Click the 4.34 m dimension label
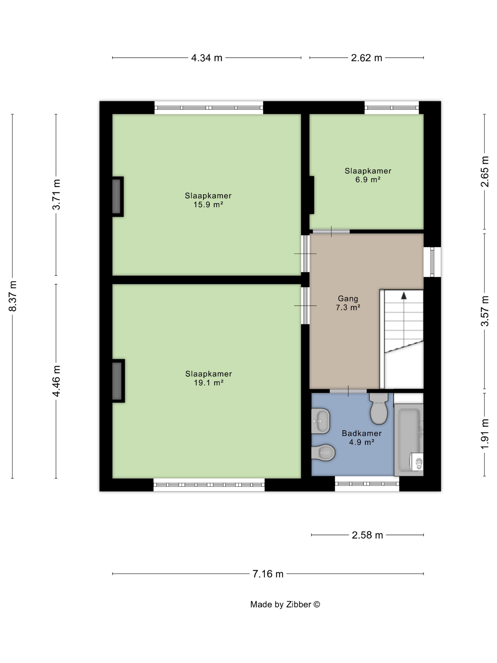(x=207, y=58)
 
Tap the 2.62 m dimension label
(x=366, y=58)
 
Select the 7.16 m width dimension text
(x=268, y=574)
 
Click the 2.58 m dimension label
(x=367, y=535)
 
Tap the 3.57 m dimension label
(x=484, y=311)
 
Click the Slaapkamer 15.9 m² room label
(x=208, y=200)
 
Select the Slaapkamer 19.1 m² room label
(x=209, y=378)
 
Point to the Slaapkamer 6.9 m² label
(x=368, y=175)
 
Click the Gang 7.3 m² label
(x=348, y=303)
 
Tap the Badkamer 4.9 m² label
(x=362, y=437)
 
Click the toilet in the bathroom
(x=379, y=408)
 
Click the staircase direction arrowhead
(x=404, y=296)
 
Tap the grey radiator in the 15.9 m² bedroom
(x=117, y=197)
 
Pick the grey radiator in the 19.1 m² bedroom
(x=118, y=381)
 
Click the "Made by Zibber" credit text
(x=285, y=604)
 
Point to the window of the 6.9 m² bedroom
(x=391, y=108)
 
